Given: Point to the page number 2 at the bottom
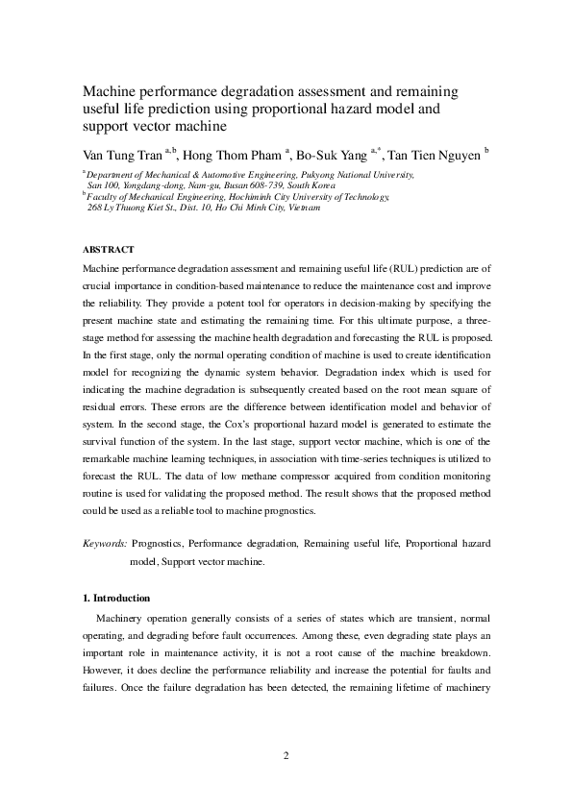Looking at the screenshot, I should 286,754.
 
